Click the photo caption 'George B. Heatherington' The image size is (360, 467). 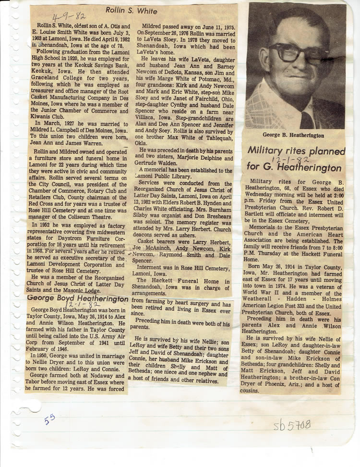point(293,136)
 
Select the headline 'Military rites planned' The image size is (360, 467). point(296,151)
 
